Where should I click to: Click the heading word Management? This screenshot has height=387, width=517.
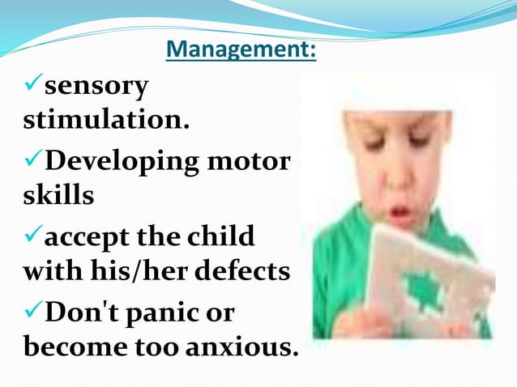(x=241, y=51)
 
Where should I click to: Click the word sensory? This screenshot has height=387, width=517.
(x=96, y=85)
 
